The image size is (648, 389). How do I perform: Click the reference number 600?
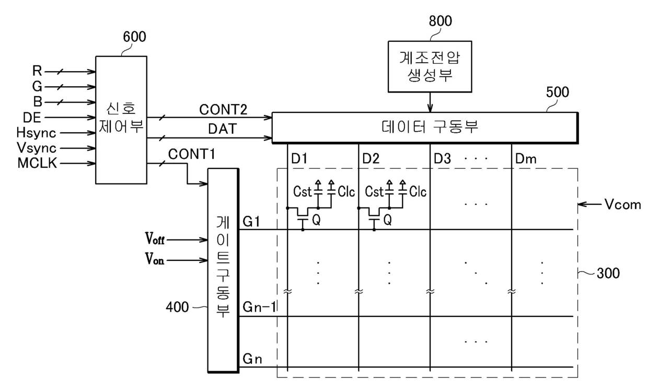click(x=134, y=37)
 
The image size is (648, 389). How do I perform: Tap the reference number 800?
click(x=441, y=21)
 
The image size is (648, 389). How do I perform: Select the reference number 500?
click(x=558, y=93)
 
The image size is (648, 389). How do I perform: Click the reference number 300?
click(x=609, y=273)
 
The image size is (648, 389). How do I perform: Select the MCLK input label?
click(x=38, y=164)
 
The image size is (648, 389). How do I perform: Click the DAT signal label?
click(x=221, y=129)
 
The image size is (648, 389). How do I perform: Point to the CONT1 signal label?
click(x=191, y=155)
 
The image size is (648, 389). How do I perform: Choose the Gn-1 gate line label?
click(x=259, y=307)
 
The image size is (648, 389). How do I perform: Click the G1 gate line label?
click(x=252, y=222)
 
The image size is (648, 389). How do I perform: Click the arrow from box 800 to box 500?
click(x=430, y=101)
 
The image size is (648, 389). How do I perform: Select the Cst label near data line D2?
click(x=374, y=192)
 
